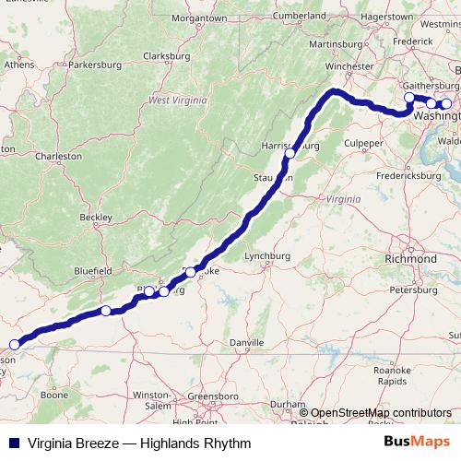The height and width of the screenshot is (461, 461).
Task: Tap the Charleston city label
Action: pyautogui.click(x=59, y=157)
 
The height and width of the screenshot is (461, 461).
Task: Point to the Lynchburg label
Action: pyautogui.click(x=268, y=256)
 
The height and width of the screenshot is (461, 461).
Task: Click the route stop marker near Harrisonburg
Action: pyautogui.click(x=290, y=153)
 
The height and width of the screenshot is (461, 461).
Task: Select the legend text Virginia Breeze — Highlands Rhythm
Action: pyautogui.click(x=139, y=443)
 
